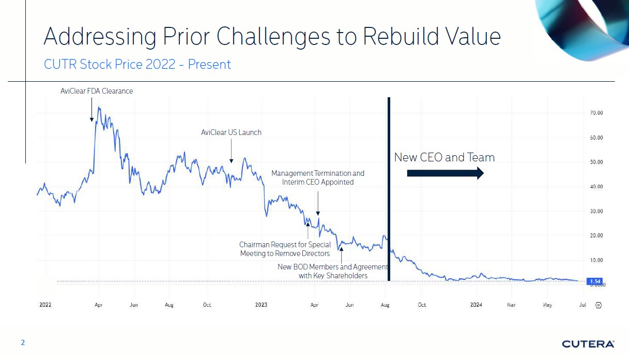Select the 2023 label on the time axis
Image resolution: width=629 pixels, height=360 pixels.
(x=262, y=305)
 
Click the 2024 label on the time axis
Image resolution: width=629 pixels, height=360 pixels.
(x=476, y=305)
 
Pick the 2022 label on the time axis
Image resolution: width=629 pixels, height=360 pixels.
(x=45, y=305)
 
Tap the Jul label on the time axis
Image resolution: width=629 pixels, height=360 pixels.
(x=582, y=305)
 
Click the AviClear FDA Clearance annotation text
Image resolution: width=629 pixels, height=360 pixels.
(x=97, y=92)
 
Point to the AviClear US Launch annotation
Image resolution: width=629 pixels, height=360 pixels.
(x=231, y=133)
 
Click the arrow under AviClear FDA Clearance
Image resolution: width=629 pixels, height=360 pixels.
(x=91, y=110)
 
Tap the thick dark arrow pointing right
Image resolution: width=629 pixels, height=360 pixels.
(x=445, y=173)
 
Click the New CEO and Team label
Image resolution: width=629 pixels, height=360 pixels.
(x=444, y=157)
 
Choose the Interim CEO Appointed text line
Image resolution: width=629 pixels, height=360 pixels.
(x=318, y=182)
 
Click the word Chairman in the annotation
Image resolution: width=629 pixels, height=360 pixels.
(x=254, y=245)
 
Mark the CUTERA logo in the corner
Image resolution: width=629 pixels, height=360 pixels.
(x=588, y=344)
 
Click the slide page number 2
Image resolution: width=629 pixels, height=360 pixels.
(x=22, y=342)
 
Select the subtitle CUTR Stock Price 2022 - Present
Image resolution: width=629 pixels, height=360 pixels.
(x=137, y=65)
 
